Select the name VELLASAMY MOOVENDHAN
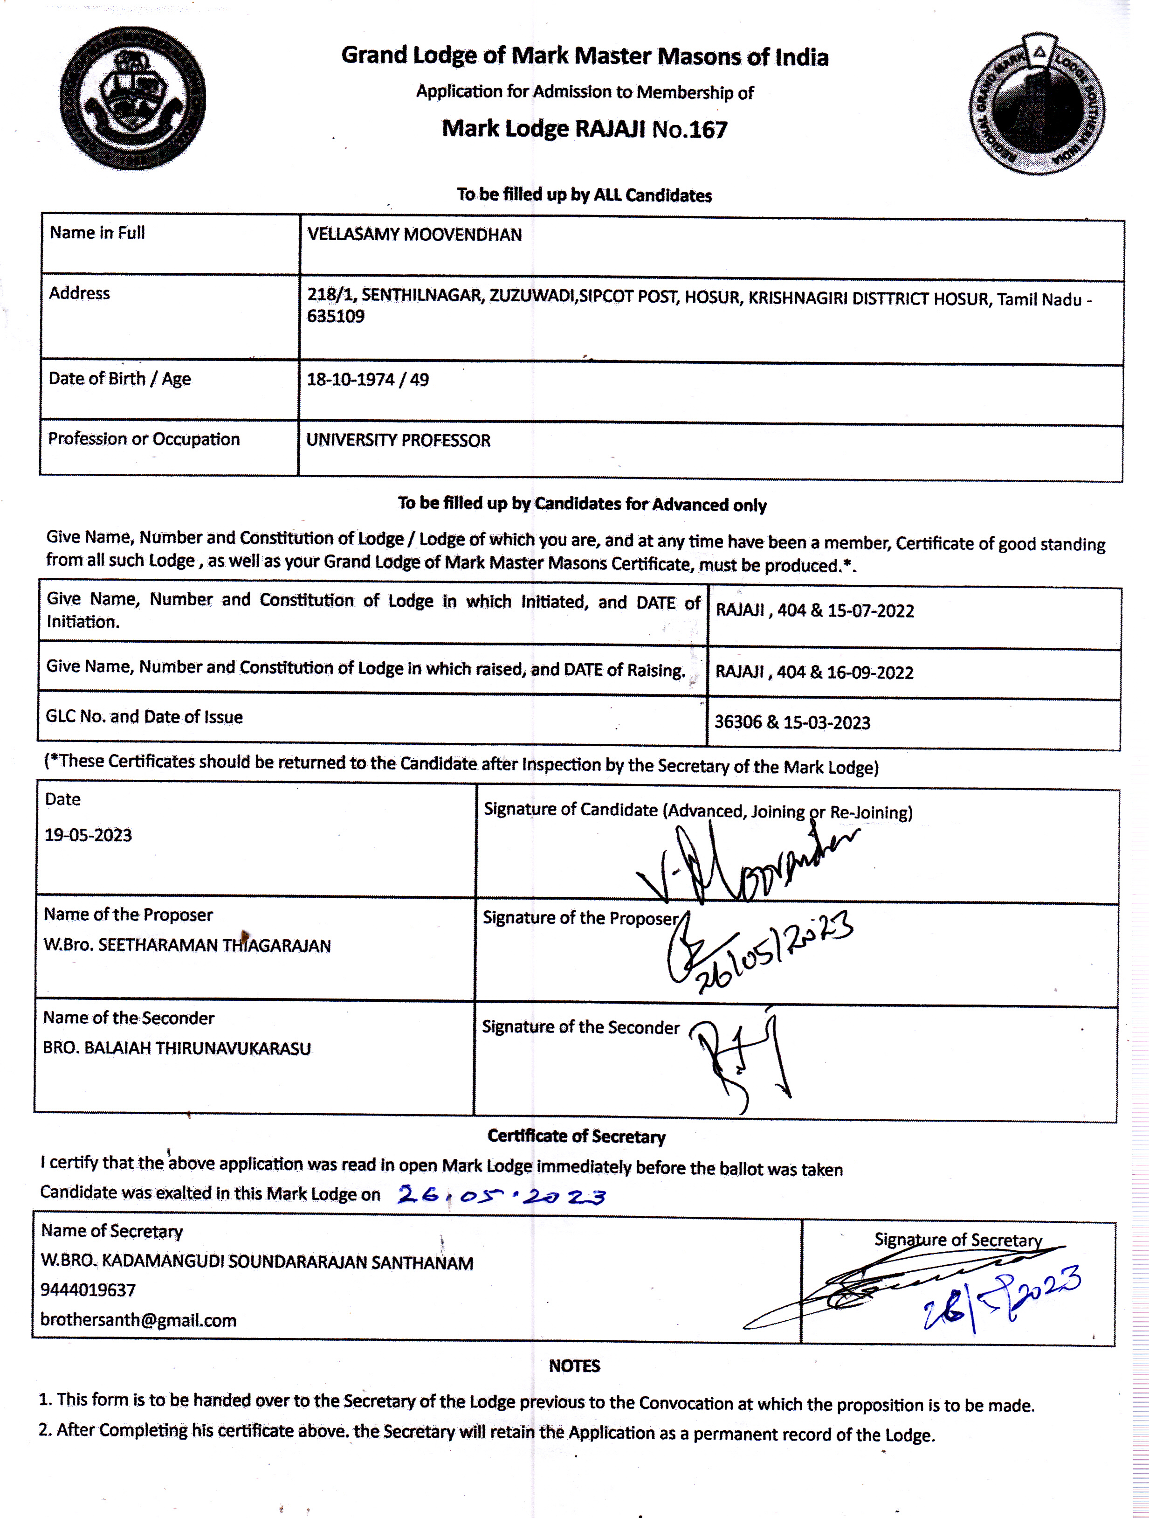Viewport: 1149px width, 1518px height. pos(414,235)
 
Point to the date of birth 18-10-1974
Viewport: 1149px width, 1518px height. pos(351,380)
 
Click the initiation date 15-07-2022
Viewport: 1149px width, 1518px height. pos(871,611)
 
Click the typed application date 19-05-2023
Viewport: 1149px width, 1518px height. pos(88,835)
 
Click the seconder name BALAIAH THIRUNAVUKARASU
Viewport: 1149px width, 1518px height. pos(198,1048)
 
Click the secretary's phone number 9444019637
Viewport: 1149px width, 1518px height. pos(88,1290)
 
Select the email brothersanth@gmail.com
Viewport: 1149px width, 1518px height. pos(138,1320)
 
